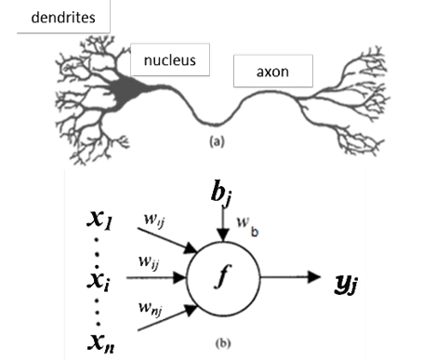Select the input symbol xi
pyautogui.click(x=96, y=277)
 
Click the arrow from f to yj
pyautogui.click(x=294, y=277)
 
